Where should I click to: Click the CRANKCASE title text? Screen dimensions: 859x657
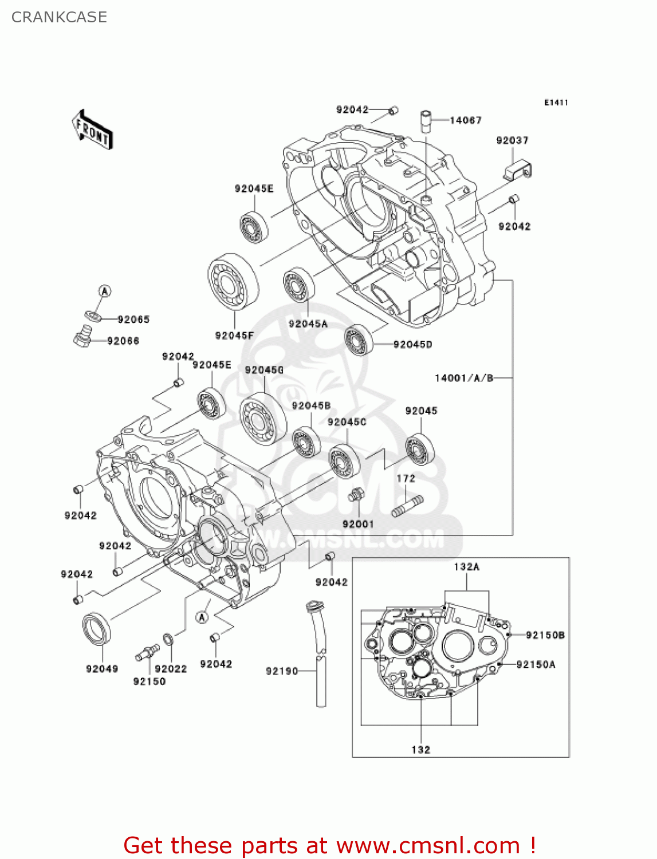click(59, 17)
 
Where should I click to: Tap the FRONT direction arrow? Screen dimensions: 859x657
click(92, 130)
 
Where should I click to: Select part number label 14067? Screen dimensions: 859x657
click(465, 120)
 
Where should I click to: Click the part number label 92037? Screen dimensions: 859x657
click(512, 140)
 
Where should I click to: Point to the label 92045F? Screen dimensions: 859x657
click(234, 335)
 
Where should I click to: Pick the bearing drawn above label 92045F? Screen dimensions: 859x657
click(233, 282)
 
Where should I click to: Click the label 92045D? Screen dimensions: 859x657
click(412, 344)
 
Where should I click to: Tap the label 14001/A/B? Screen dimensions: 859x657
click(463, 378)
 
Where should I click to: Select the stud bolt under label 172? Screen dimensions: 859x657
click(407, 506)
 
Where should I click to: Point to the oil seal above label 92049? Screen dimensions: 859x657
click(97, 628)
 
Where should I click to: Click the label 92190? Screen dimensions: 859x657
click(282, 671)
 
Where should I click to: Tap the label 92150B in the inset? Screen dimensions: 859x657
click(545, 635)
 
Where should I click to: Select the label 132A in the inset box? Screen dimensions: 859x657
click(466, 566)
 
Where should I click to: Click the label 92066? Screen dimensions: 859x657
click(123, 341)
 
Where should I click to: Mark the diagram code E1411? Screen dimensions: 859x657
click(556, 103)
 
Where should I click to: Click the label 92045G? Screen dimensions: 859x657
click(264, 370)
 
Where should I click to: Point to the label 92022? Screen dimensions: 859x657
click(171, 668)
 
